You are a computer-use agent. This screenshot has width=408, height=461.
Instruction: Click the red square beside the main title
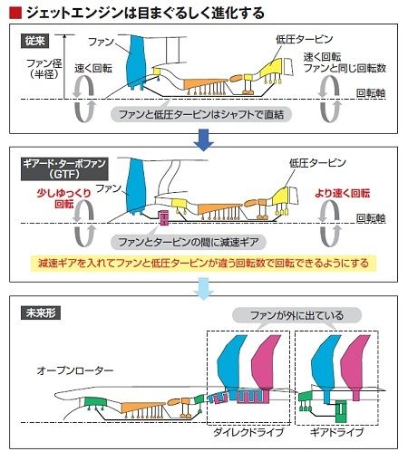[x=15, y=13]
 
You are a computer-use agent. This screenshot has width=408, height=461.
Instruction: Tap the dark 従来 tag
[x=34, y=41]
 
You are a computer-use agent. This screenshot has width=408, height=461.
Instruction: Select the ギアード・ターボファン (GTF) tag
[x=64, y=169]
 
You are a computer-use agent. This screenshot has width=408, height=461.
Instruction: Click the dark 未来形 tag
[x=41, y=312]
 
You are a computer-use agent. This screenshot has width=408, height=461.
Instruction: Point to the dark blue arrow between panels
[x=204, y=140]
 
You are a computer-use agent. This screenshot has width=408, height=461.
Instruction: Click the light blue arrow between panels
[x=204, y=289]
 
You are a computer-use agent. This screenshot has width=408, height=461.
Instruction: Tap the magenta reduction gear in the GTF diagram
[x=164, y=218]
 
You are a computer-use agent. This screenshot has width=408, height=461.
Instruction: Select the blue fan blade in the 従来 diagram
[x=136, y=62]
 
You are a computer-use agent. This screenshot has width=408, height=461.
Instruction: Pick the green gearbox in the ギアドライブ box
[x=341, y=411]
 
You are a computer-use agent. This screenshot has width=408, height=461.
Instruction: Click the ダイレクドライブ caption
[x=248, y=432]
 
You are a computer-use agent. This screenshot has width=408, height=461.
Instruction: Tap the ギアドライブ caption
[x=336, y=432]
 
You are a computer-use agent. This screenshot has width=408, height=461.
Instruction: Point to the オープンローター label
[x=75, y=370]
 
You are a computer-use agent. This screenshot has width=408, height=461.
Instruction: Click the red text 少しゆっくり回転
[x=64, y=198]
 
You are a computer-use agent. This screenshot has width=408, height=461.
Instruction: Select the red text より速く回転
[x=343, y=193]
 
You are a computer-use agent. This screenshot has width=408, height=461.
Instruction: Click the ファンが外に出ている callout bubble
[x=296, y=315]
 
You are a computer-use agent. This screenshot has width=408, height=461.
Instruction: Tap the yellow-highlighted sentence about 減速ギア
[x=203, y=264]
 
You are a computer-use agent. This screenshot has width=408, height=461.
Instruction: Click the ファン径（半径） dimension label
[x=44, y=69]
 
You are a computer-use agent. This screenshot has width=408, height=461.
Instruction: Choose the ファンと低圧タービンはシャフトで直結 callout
[x=201, y=114]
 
